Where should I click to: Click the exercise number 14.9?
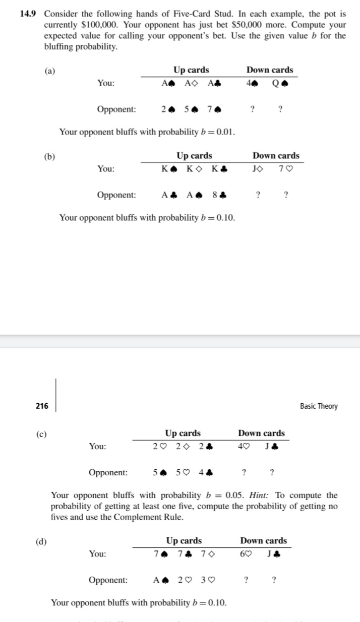point(29,14)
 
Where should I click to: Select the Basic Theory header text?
point(319,406)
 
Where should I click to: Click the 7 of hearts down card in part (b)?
point(287,169)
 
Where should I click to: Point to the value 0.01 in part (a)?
point(224,133)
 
